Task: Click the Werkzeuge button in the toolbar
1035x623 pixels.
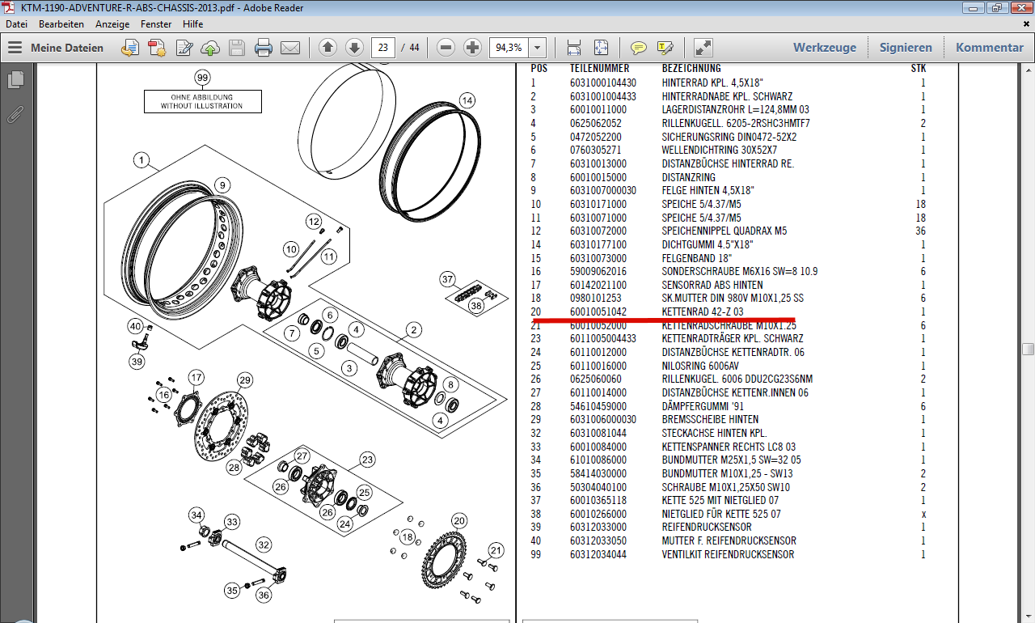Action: coord(824,48)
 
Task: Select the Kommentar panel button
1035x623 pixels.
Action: coord(989,48)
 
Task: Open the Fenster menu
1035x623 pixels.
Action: coord(156,24)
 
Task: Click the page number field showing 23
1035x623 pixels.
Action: coord(383,47)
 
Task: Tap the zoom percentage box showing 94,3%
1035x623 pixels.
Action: coord(509,47)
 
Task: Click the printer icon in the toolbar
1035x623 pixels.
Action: coord(264,48)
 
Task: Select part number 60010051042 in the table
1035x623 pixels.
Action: coord(598,311)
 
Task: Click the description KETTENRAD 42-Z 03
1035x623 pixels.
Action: coord(702,311)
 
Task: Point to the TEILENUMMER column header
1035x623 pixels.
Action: coord(599,69)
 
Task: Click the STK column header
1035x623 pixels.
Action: coord(919,69)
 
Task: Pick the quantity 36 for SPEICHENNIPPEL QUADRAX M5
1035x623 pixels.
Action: coord(920,231)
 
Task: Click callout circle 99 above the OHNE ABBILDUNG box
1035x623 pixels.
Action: coord(202,78)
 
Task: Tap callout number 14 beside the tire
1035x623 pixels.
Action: coord(467,100)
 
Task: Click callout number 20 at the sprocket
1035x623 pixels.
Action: coord(459,520)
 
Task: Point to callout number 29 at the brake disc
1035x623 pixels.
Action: coord(245,380)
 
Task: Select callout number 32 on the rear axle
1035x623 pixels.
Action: coord(264,545)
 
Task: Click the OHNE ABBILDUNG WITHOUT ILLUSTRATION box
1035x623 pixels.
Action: coord(202,101)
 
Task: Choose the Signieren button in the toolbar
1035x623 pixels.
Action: coord(906,48)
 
